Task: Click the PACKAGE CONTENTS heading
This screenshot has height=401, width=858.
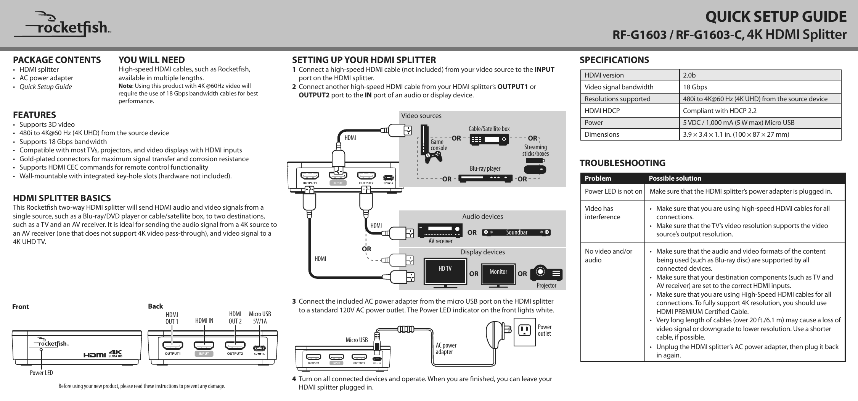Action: click(57, 60)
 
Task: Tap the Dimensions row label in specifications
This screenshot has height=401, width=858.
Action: click(602, 134)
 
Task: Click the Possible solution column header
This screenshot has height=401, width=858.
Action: click(675, 178)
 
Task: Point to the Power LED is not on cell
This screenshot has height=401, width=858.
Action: click(613, 191)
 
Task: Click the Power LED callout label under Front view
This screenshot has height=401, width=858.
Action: click(41, 372)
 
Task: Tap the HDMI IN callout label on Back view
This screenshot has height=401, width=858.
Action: click(204, 320)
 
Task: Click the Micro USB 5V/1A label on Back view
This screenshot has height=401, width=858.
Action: click(260, 317)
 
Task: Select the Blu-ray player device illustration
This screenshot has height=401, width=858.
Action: click(485, 178)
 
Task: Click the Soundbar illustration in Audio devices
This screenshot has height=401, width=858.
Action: click(516, 232)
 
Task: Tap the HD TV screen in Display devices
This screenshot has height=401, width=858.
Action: click(445, 272)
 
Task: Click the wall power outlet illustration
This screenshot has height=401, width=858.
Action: click(525, 331)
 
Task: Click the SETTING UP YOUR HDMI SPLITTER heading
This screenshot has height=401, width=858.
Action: click(364, 60)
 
